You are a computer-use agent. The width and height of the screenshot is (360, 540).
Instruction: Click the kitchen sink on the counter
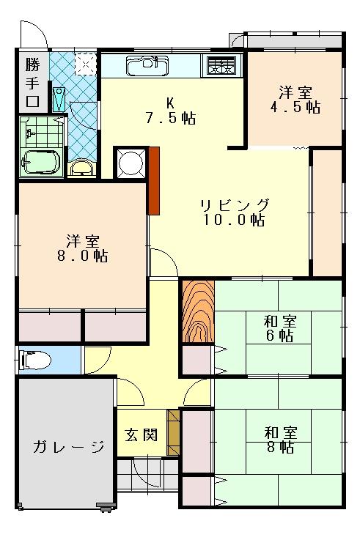click(147, 65)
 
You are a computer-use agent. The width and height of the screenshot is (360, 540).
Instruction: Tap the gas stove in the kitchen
click(221, 65)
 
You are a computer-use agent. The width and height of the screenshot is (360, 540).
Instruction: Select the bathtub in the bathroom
click(40, 161)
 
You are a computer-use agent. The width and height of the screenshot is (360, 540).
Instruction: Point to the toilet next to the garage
click(35, 360)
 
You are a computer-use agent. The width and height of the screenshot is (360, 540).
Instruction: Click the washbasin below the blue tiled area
click(81, 167)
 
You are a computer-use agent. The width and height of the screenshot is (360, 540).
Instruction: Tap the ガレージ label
click(69, 447)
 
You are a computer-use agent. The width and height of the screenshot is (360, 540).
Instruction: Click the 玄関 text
click(142, 435)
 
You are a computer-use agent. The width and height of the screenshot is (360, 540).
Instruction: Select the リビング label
click(235, 205)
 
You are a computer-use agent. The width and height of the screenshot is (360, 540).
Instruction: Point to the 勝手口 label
click(32, 83)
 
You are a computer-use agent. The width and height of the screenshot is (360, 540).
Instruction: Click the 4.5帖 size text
click(295, 107)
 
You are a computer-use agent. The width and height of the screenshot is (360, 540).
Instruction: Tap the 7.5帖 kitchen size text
click(171, 118)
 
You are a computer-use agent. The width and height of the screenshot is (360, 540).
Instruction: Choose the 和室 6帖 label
click(280, 328)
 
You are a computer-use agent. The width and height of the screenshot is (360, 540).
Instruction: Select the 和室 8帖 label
click(280, 440)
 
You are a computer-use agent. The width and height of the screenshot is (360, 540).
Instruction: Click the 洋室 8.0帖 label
click(83, 248)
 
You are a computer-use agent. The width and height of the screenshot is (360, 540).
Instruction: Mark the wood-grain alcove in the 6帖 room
click(198, 311)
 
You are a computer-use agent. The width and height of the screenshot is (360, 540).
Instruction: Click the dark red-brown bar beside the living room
click(154, 181)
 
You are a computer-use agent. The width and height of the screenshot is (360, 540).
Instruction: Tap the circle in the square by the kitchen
click(131, 163)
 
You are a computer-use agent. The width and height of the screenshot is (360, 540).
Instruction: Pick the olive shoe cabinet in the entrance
click(173, 432)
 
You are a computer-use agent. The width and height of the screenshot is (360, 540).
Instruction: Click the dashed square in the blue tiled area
click(85, 63)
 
